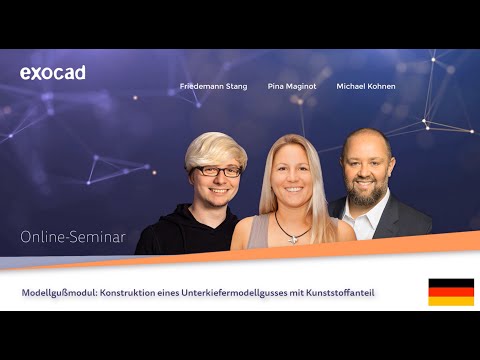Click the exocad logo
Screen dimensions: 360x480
[x=52, y=73]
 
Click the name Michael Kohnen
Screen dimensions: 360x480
[x=365, y=87]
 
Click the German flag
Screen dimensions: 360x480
[x=451, y=292]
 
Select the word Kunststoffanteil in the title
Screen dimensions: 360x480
[x=350, y=293]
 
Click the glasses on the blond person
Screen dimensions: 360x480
[x=216, y=172]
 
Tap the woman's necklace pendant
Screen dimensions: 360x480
[x=292, y=238]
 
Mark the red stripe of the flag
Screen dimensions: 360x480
[x=451, y=292]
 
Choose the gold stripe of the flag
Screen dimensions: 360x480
[x=451, y=301]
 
